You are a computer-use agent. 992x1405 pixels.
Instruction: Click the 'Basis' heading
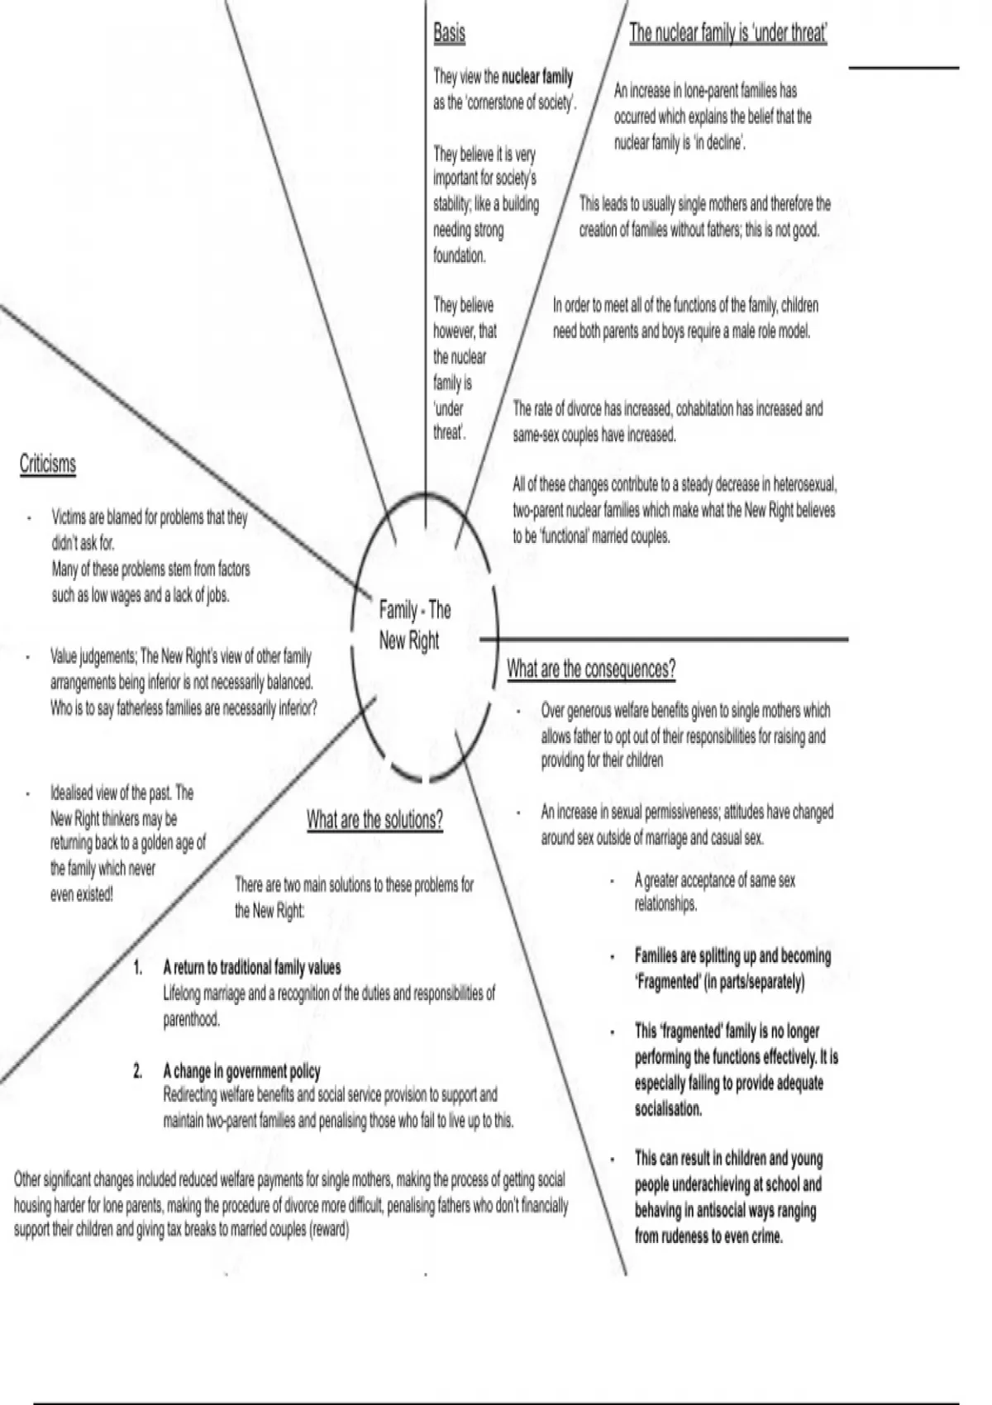449,33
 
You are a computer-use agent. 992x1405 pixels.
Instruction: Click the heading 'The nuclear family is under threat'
728,33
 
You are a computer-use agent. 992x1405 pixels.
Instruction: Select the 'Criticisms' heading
48,464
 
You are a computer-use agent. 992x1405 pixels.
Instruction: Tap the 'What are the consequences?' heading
591,669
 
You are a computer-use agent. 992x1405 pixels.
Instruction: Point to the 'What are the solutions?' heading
374,820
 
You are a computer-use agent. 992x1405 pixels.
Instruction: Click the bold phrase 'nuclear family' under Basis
537,78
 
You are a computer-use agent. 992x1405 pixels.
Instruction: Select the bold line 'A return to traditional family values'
252,967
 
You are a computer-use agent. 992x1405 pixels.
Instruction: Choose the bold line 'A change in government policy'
241,1071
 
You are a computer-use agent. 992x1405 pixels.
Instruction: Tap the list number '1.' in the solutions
138,967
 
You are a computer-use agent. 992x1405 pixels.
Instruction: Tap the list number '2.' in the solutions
138,1071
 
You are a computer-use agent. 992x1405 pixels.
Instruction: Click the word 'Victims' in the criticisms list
68,517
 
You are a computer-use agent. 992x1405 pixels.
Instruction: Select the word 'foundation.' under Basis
460,256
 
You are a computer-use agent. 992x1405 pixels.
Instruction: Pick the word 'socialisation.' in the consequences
668,1109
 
